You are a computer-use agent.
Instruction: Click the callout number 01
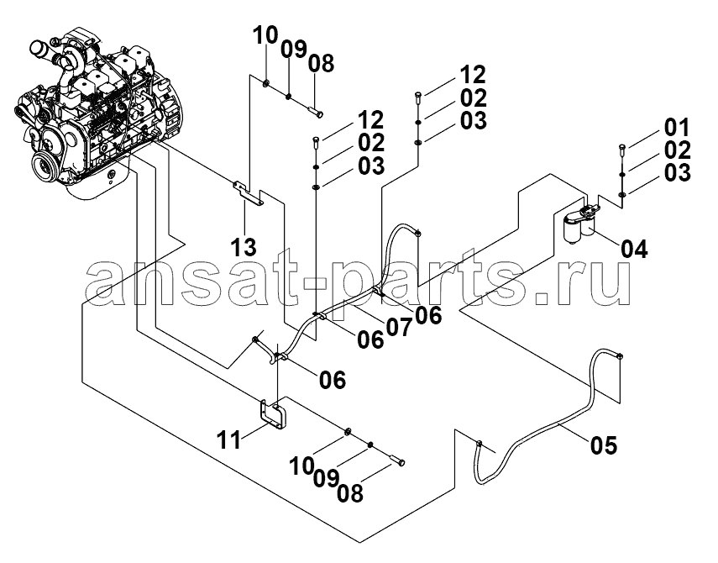[676, 128]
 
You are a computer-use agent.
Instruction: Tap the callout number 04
[634, 250]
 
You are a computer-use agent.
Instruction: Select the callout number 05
[604, 445]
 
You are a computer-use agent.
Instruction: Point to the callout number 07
[399, 327]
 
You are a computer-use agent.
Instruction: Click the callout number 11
[228, 440]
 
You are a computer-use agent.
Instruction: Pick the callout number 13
[244, 247]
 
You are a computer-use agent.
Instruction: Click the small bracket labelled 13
[249, 192]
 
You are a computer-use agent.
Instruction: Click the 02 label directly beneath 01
[677, 150]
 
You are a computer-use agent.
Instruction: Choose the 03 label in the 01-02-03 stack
[677, 173]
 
